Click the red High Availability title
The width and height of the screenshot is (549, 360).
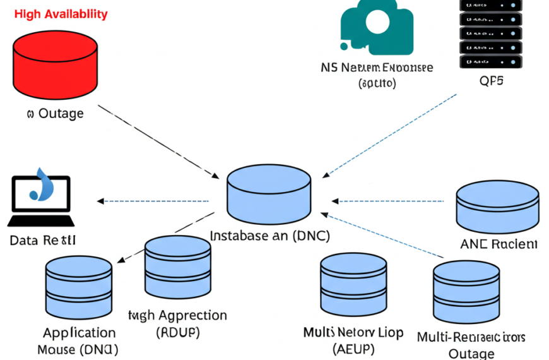pyautogui.click(x=61, y=14)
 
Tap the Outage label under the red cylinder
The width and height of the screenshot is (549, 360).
pyautogui.click(x=55, y=114)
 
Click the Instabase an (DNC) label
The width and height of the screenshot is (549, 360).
pyautogui.click(x=269, y=236)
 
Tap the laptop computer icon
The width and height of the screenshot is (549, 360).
pyautogui.click(x=41, y=200)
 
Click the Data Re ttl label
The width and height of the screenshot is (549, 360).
pyautogui.click(x=43, y=241)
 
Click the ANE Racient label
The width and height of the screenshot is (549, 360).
pyautogui.click(x=499, y=244)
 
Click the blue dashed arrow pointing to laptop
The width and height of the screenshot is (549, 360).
pyautogui.click(x=155, y=201)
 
